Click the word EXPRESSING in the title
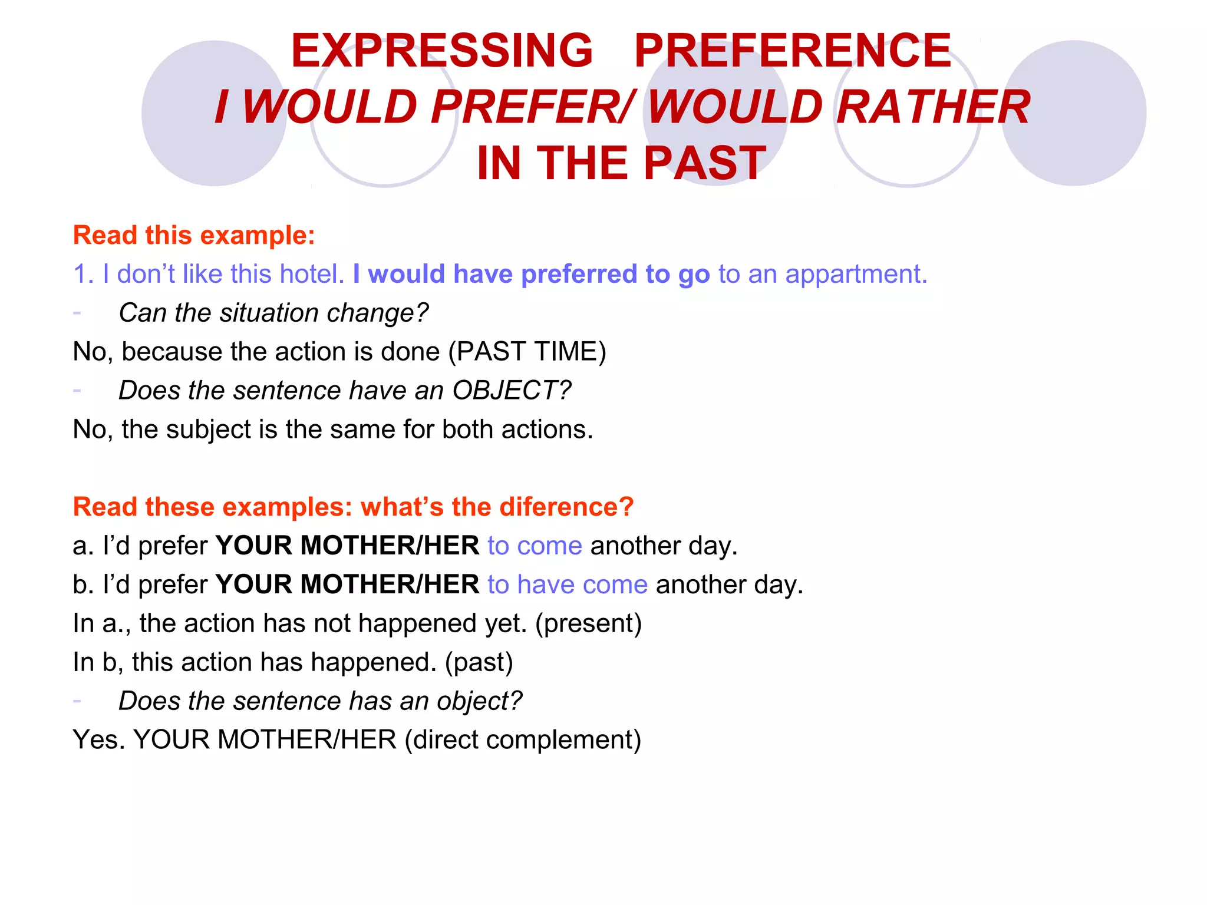442,51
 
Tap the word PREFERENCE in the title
793,51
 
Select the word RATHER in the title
934,107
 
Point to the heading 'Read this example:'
194,235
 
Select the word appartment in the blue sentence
856,274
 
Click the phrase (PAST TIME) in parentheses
527,352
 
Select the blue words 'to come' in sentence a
535,546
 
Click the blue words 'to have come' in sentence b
568,584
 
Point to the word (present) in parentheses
588,623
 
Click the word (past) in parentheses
479,662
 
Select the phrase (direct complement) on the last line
523,739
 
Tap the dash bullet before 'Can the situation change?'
77,312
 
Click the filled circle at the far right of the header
1074,113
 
